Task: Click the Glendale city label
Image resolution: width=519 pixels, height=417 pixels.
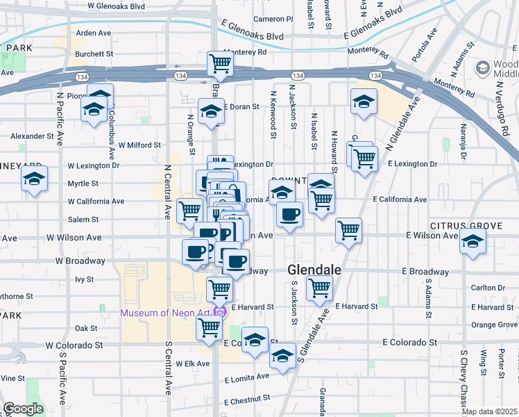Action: pyautogui.click(x=314, y=270)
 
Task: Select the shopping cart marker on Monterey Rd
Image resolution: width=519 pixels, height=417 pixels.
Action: pyautogui.click(x=220, y=63)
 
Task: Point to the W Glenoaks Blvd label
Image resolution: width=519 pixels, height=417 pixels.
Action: pyautogui.click(x=117, y=6)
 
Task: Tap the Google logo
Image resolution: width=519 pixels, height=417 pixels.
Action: pyautogui.click(x=24, y=409)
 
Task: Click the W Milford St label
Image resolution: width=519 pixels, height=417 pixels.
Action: pyautogui.click(x=139, y=145)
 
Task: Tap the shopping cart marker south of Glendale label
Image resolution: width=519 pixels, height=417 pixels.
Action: pyautogui.click(x=319, y=288)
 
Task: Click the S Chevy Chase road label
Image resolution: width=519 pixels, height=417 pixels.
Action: pyautogui.click(x=464, y=379)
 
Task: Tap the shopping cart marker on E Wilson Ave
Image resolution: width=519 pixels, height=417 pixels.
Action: pyautogui.click(x=348, y=230)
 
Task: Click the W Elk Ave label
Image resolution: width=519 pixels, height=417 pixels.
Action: pyautogui.click(x=192, y=363)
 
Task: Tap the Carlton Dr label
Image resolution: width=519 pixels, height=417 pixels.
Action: pyautogui.click(x=488, y=288)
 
